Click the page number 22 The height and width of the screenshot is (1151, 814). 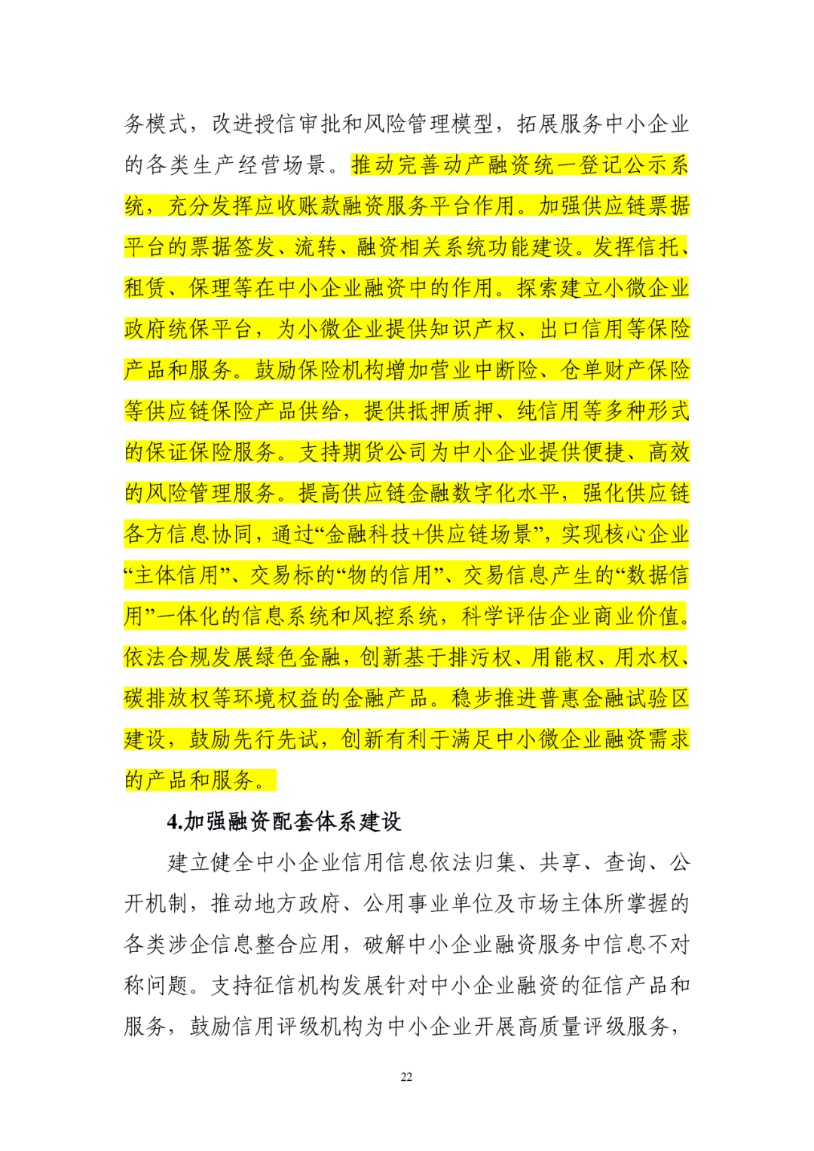point(406,1077)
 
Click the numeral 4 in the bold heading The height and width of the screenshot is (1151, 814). point(173,822)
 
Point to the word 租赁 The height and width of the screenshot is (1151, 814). point(145,288)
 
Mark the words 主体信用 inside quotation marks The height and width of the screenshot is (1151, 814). point(176,576)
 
